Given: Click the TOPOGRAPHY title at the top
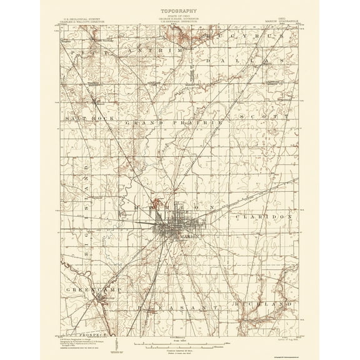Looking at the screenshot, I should pyautogui.click(x=179, y=11).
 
